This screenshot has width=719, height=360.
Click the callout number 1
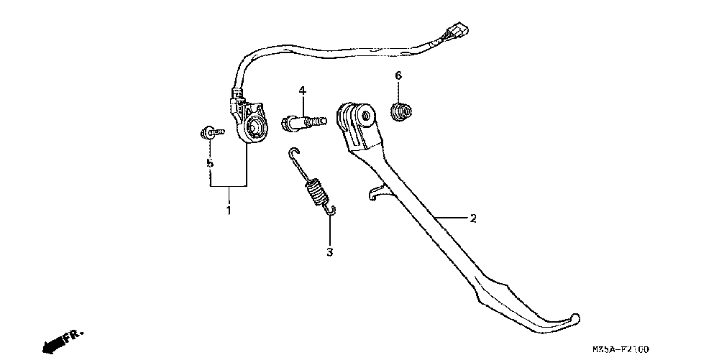pyautogui.click(x=229, y=211)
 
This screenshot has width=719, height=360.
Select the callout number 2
pyautogui.click(x=472, y=218)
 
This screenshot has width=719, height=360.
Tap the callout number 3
pyautogui.click(x=329, y=251)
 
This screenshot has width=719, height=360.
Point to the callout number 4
pyautogui.click(x=303, y=91)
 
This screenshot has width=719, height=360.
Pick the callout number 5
pyautogui.click(x=210, y=163)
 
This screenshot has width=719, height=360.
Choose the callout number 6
pyautogui.click(x=398, y=75)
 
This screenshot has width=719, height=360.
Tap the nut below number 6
pyautogui.click(x=400, y=111)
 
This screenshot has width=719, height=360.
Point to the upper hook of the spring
pyautogui.click(x=293, y=154)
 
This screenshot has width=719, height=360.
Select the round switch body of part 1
pyautogui.click(x=253, y=129)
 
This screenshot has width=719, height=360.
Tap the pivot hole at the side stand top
pyautogui.click(x=367, y=115)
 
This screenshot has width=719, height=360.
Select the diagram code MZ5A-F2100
pyautogui.click(x=620, y=349)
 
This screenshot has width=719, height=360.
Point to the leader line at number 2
pyautogui.click(x=449, y=217)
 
